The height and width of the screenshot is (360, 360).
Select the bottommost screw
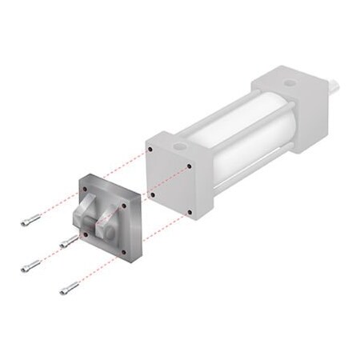[x=70, y=287]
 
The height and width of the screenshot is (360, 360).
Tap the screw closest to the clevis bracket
[x=69, y=241]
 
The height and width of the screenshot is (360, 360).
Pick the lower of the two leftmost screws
[x=31, y=266]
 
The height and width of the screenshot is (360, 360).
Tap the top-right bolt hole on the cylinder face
[x=190, y=167]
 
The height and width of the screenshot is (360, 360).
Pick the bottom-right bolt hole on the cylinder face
[x=189, y=212]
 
